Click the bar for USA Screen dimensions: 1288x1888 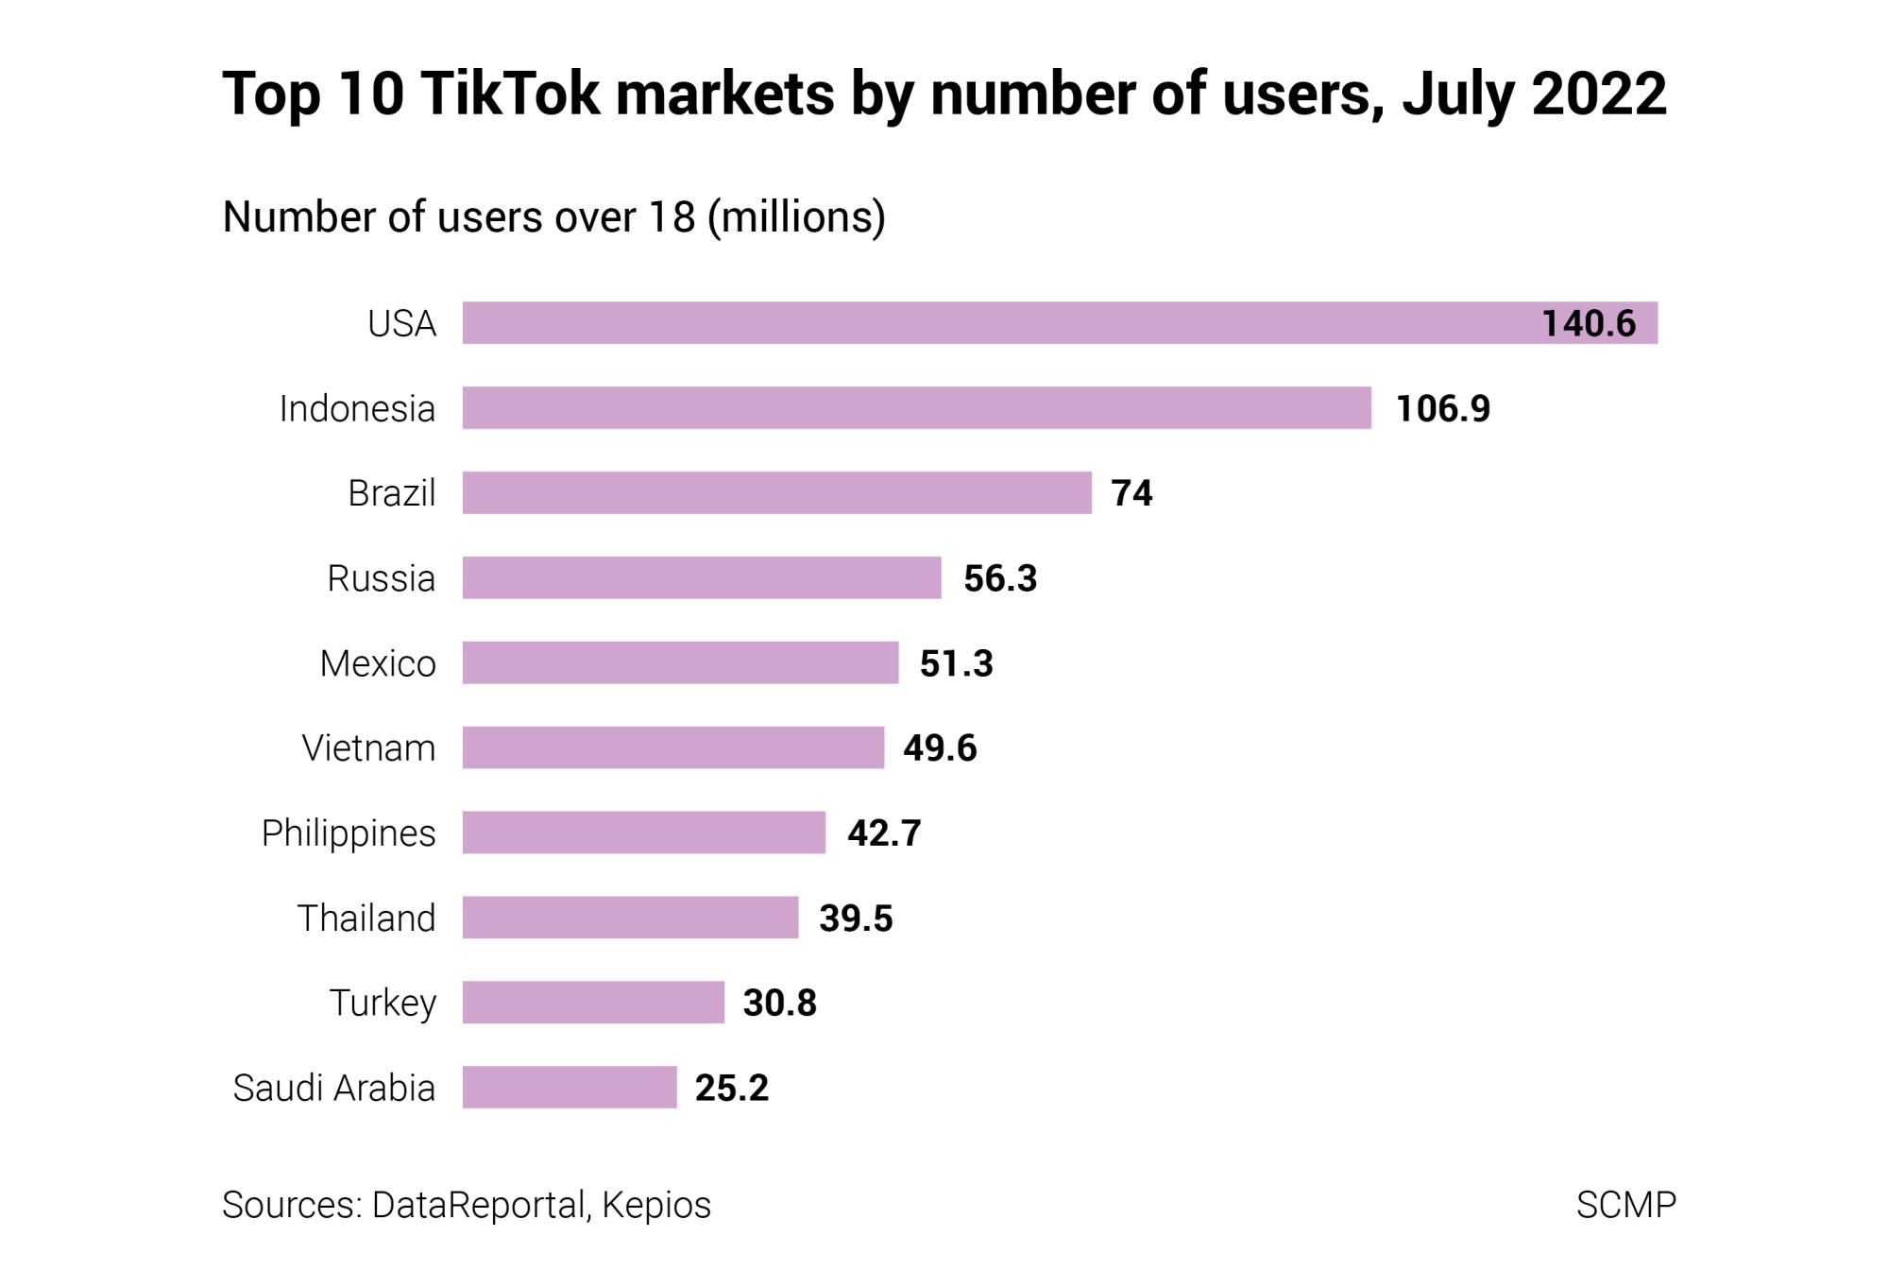(x=1001, y=323)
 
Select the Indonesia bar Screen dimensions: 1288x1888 (x=916, y=408)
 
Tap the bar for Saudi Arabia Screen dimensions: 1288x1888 (x=570, y=1087)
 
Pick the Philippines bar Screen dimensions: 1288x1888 (x=643, y=833)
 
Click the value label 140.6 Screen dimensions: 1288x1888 (x=1588, y=323)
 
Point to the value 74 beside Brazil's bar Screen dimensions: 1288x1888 (x=1131, y=493)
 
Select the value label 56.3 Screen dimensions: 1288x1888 (x=999, y=578)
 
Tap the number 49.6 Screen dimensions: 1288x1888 (x=939, y=747)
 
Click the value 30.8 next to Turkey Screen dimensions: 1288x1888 (x=779, y=1003)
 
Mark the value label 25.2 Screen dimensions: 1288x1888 (x=731, y=1088)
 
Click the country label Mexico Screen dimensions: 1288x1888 (x=378, y=663)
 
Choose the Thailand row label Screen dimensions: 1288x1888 (x=366, y=918)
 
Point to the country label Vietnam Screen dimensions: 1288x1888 (x=368, y=747)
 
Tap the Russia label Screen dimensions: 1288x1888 (x=381, y=578)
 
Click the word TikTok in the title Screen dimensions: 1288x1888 (x=510, y=94)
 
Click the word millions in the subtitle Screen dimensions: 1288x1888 (x=795, y=217)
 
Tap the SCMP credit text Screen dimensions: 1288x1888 (x=1625, y=1205)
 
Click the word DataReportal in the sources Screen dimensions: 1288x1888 (x=478, y=1205)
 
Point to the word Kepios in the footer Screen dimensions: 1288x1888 (x=655, y=1205)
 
